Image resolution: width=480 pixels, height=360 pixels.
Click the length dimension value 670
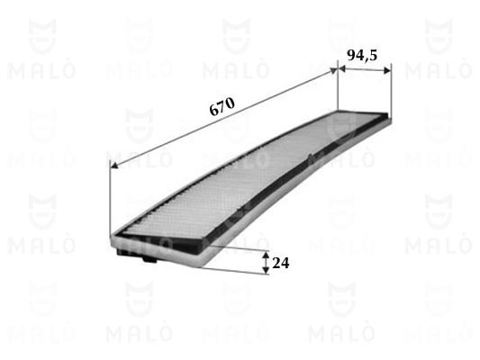(x=222, y=106)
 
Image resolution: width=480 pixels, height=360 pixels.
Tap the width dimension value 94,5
(x=362, y=56)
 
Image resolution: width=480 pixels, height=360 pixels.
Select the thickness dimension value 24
(x=280, y=263)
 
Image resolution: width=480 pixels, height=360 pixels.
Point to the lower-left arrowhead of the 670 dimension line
(x=113, y=166)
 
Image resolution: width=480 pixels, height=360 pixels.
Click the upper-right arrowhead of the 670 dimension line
(x=332, y=71)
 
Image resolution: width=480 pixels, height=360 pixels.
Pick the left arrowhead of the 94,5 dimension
(x=342, y=69)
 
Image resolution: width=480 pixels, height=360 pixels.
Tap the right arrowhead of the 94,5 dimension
(x=387, y=71)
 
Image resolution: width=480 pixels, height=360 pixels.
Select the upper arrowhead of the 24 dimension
(x=267, y=256)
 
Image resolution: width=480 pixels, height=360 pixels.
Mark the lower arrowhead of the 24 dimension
(x=267, y=270)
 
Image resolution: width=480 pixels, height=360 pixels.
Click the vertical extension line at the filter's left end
(x=109, y=198)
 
